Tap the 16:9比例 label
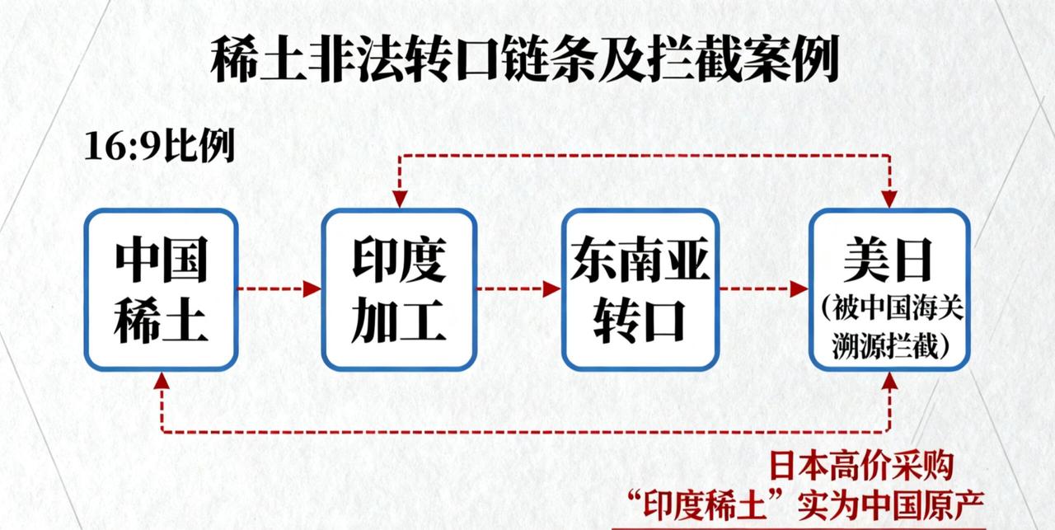(x=159, y=148)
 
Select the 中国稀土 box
(x=161, y=288)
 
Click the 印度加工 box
(x=399, y=288)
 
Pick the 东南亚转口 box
(x=640, y=288)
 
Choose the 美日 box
(x=888, y=288)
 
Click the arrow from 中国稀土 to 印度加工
(x=279, y=288)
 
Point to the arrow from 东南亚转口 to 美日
(x=763, y=288)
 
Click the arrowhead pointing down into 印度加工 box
(x=400, y=199)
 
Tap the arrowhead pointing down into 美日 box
(x=889, y=199)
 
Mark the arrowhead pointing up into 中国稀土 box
(x=162, y=380)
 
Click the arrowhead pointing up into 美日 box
(x=889, y=380)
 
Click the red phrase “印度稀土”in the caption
(x=710, y=504)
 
